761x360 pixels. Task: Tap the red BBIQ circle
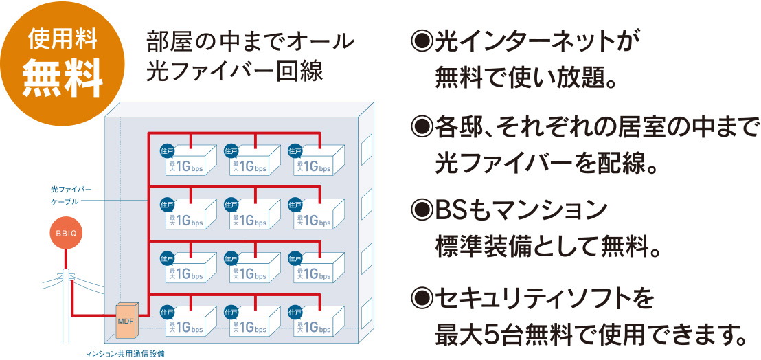65,234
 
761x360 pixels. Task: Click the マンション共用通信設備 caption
124,355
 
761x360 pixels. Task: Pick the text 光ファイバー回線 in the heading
234,72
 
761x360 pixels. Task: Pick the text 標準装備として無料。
547,245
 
